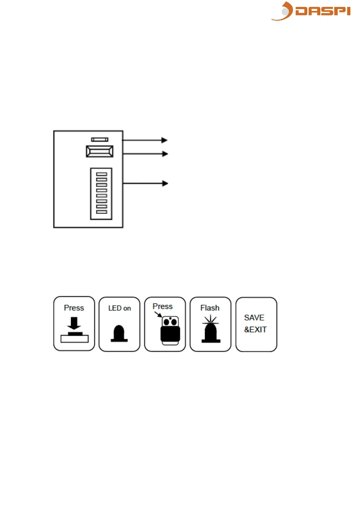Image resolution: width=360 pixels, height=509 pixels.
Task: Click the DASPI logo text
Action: point(323,11)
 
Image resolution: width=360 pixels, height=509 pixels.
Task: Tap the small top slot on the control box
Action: point(100,140)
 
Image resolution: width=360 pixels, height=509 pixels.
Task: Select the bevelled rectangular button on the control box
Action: point(100,151)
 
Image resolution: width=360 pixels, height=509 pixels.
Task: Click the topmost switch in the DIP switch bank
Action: point(102,174)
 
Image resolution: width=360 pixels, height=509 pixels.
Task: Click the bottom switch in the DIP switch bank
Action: point(102,212)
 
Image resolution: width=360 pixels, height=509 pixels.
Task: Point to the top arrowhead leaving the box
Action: point(164,140)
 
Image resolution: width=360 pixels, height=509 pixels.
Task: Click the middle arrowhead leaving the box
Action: point(165,154)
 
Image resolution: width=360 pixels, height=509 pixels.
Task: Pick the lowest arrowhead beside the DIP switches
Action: point(165,183)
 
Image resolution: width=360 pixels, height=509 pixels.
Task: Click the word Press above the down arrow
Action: point(74,308)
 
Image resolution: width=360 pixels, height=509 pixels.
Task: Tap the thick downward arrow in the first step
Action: point(74,323)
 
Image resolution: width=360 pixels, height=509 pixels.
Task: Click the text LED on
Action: point(119,308)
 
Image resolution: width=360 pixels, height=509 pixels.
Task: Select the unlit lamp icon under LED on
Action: point(119,334)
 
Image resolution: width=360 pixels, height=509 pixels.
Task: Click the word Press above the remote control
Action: point(163,306)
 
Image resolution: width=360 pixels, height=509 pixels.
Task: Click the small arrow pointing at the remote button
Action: point(158,315)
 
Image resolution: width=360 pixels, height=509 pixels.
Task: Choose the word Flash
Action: point(210,308)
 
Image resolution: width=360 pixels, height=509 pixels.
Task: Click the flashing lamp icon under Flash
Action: point(211,330)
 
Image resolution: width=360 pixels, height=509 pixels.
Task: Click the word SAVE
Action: point(254,318)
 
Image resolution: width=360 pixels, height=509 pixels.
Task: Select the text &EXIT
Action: point(255,329)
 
